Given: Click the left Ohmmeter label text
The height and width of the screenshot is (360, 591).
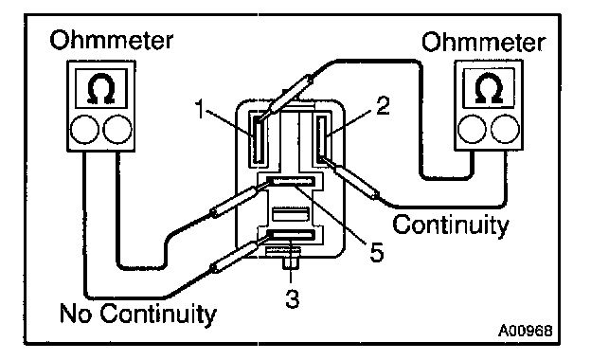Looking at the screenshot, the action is tap(112, 40).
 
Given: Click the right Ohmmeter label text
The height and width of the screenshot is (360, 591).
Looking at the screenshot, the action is tap(483, 42).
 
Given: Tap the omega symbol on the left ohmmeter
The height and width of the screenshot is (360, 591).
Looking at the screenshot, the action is tap(101, 89).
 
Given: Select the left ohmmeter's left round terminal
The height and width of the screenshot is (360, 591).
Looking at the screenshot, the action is tap(84, 129).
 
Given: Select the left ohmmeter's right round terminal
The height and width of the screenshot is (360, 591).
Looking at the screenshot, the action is tap(117, 129).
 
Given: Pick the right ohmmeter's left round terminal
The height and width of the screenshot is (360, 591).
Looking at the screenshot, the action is tap(472, 129).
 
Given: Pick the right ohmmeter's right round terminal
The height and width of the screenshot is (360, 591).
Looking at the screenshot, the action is tap(505, 129).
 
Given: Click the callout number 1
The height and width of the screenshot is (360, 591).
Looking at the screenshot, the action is tap(200, 109).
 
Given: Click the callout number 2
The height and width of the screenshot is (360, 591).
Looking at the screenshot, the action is tap(383, 106).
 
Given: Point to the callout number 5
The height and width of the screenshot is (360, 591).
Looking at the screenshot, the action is tap(377, 252).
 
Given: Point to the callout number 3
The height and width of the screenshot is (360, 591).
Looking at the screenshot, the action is tap(292, 299).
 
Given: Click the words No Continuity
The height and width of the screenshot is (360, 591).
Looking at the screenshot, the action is tap(138, 314).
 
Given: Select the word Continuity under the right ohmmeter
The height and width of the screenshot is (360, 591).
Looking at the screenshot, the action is tap(451, 225).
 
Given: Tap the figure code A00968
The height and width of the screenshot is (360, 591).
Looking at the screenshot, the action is tap(526, 331).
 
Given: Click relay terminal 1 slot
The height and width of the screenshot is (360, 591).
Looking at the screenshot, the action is tap(258, 138).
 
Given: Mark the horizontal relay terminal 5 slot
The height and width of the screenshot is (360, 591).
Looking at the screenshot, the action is tap(291, 181).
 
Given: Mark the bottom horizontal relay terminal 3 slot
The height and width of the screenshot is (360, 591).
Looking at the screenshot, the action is tap(291, 235).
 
